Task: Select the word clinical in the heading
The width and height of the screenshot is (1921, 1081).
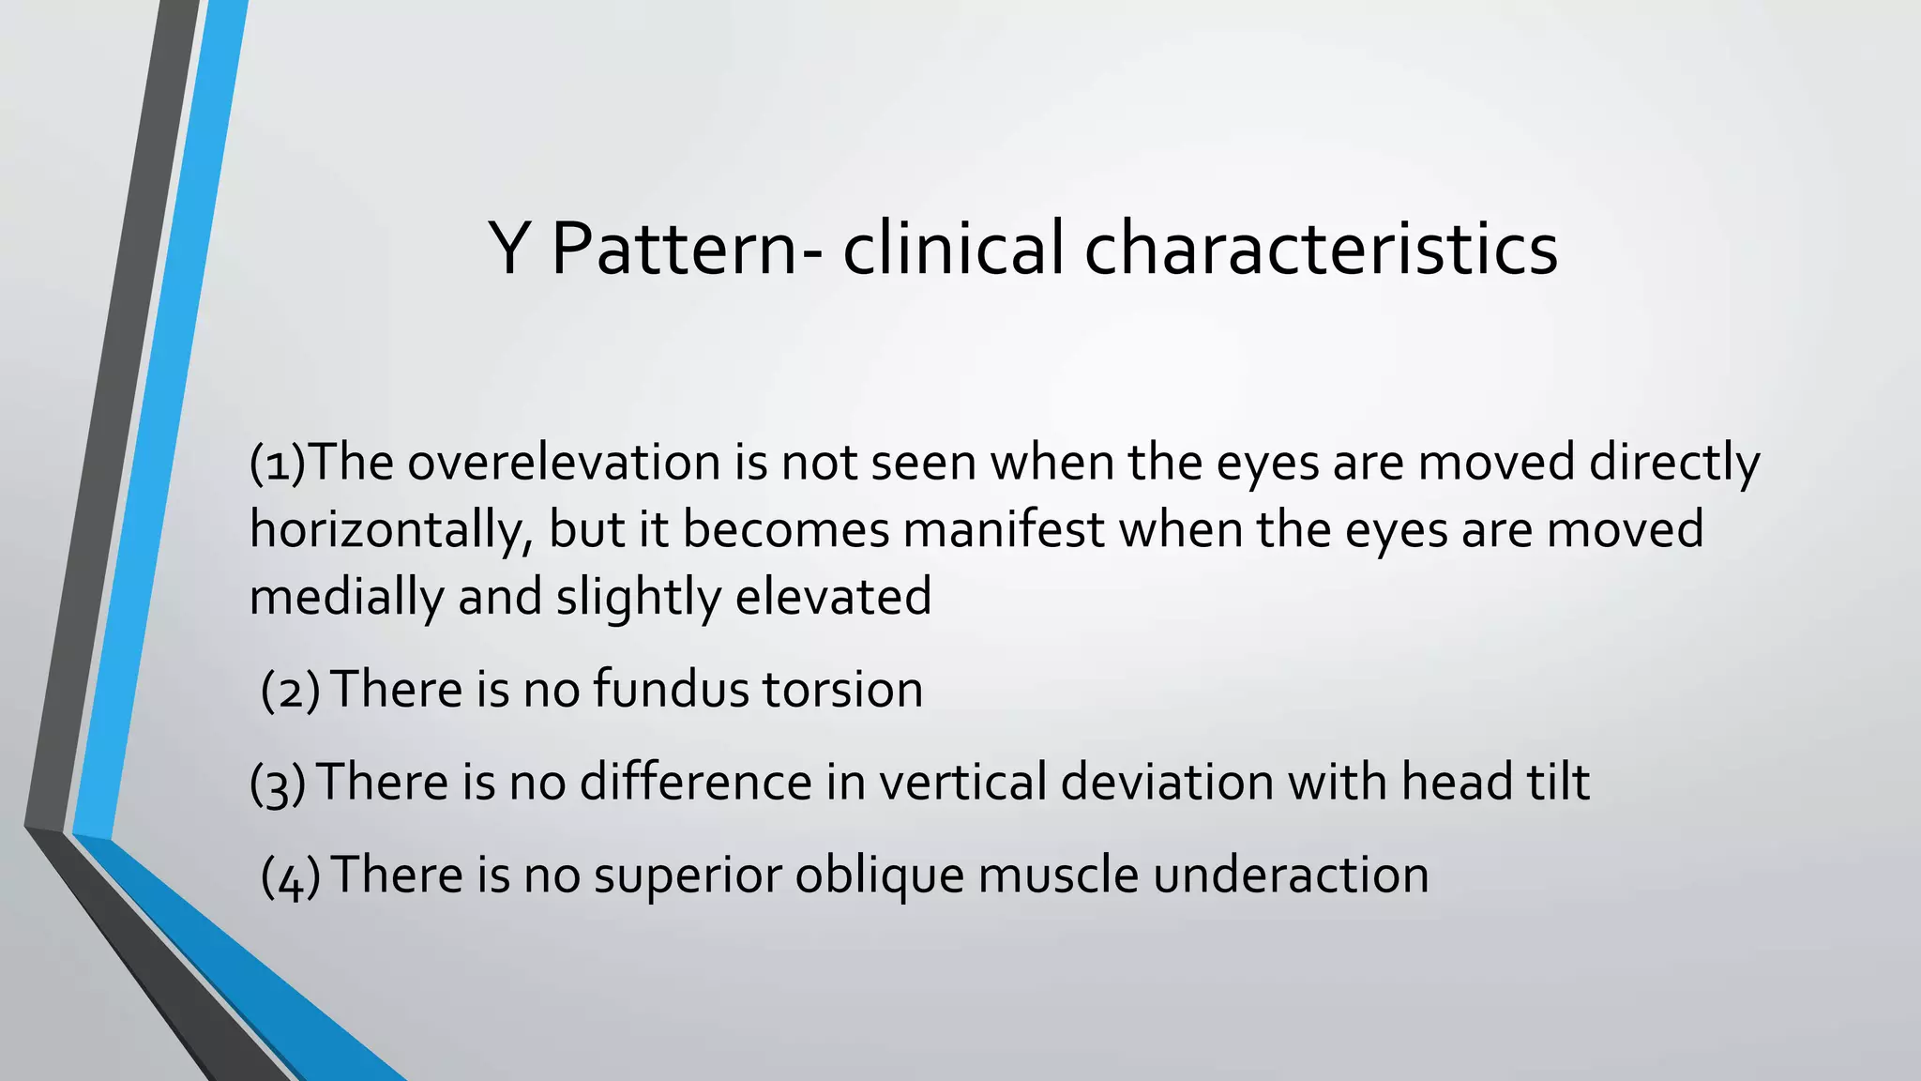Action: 953,249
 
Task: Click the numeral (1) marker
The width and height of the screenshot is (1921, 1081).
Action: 278,463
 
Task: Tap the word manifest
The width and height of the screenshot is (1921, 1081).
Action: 1004,530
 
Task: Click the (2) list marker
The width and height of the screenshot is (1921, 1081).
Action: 290,691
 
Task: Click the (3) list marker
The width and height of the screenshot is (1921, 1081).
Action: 278,784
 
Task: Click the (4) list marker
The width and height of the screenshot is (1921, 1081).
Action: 290,876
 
